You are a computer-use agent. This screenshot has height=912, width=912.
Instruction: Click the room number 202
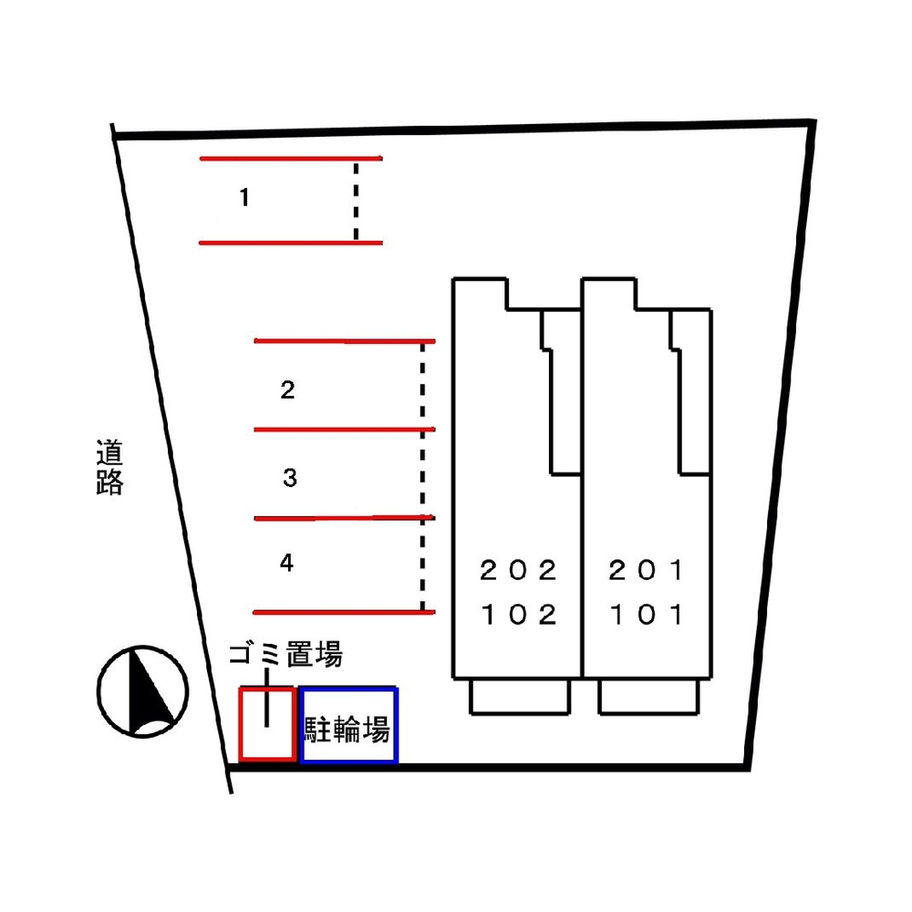pyautogui.click(x=518, y=571)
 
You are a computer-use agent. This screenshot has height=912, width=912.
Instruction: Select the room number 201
pyautogui.click(x=647, y=571)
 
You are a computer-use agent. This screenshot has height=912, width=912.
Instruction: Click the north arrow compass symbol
pyautogui.click(x=143, y=690)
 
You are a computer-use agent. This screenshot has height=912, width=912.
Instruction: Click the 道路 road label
pyautogui.click(x=109, y=468)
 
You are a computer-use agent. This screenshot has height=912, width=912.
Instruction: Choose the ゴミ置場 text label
pyautogui.click(x=285, y=654)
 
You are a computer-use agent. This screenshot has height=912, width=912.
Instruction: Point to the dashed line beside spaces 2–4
pyautogui.click(x=422, y=474)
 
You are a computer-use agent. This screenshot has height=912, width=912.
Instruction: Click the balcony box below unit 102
pyautogui.click(x=520, y=697)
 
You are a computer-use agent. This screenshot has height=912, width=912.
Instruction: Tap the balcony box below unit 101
pyautogui.click(x=648, y=697)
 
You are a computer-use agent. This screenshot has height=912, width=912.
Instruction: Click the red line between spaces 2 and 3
pyautogui.click(x=344, y=430)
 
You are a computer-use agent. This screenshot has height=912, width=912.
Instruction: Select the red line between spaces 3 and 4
pyautogui.click(x=342, y=518)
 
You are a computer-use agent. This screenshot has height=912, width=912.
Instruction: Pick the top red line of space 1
pyautogui.click(x=290, y=159)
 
